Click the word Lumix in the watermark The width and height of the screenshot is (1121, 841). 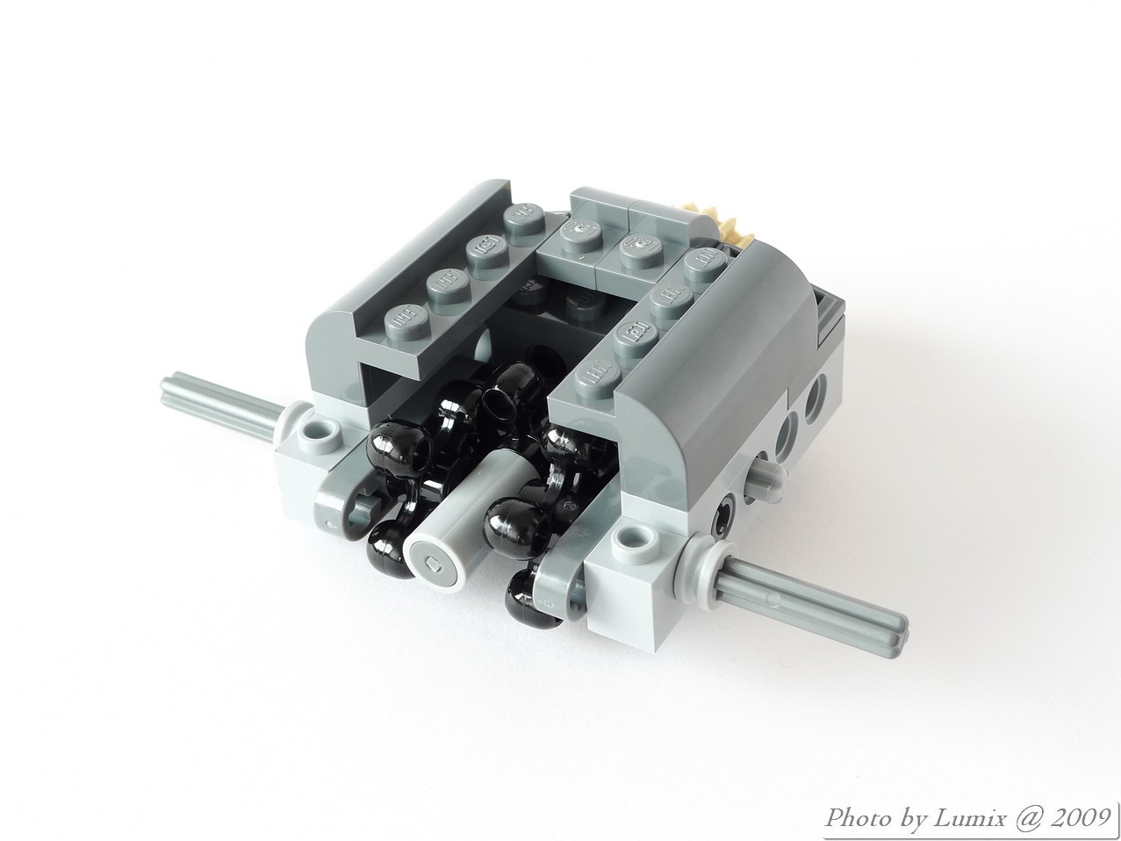pyautogui.click(x=968, y=818)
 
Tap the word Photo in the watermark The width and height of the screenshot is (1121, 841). pyautogui.click(x=858, y=818)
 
